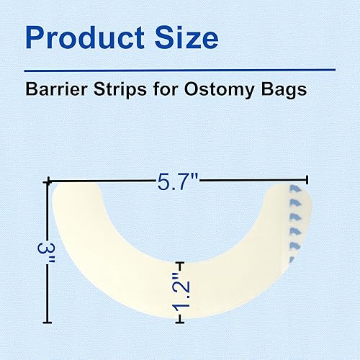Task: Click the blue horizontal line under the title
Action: (180, 69)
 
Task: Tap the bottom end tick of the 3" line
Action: (48, 321)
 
